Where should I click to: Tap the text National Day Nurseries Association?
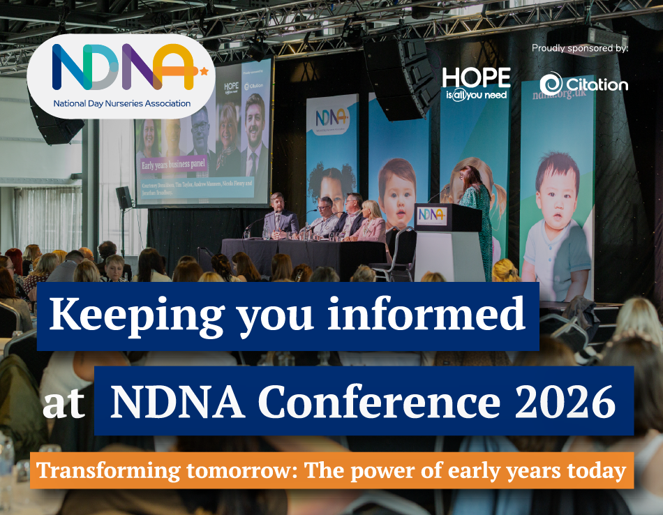click(121, 103)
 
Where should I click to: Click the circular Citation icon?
click(551, 85)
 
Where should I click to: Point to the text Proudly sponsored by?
click(580, 48)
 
